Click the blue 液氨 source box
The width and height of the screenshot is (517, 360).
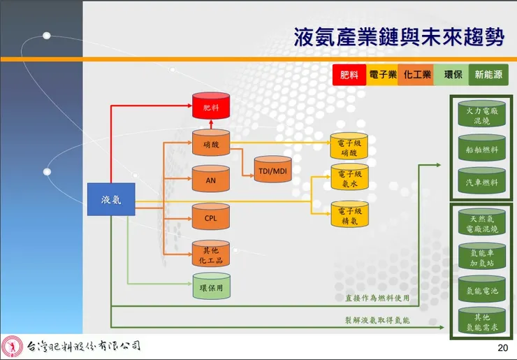click(110, 200)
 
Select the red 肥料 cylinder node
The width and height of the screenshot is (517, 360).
click(210, 108)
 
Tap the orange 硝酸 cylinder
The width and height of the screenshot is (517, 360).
click(210, 144)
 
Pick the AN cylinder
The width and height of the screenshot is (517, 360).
click(210, 180)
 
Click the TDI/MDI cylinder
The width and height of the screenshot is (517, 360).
click(272, 171)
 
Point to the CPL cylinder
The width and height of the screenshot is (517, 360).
click(210, 217)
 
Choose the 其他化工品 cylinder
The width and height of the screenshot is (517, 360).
click(210, 255)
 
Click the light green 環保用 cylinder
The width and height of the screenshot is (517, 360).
click(210, 287)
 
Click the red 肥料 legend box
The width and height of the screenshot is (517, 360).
click(349, 74)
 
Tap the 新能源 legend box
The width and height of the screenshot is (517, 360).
click(490, 74)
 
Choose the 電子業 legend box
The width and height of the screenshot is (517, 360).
click(382, 74)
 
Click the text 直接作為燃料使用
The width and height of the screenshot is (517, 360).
click(377, 298)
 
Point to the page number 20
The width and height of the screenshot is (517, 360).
click(502, 347)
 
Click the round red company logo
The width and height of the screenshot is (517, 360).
click(11, 346)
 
